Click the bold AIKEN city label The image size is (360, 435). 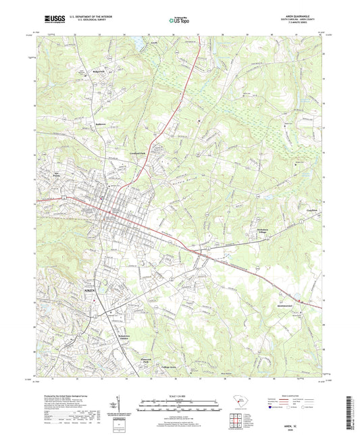click(x=90, y=290)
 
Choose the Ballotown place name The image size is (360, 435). click(x=81, y=126)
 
